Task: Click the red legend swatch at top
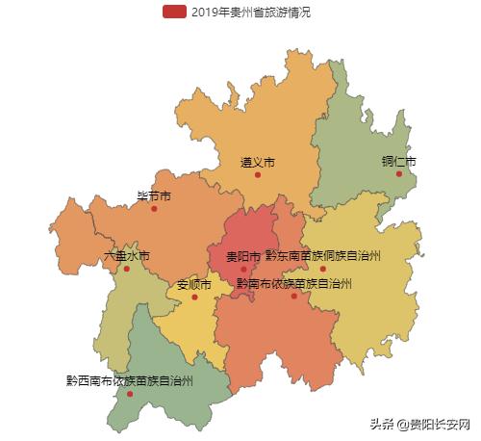tap(174, 12)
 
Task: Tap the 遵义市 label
tap(258, 162)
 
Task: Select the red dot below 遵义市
tap(258, 175)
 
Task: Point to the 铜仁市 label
tap(398, 161)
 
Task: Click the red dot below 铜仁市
tap(399, 173)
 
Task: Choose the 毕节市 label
tap(154, 195)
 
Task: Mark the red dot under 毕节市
tap(154, 208)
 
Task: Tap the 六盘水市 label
tap(127, 256)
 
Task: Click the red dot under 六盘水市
tap(127, 269)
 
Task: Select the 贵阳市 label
tap(243, 257)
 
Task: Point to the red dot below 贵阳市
tap(243, 270)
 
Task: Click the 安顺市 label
tap(194, 284)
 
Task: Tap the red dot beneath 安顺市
tap(194, 297)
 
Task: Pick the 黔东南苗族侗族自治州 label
tap(323, 256)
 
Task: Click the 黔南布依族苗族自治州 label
tap(294, 283)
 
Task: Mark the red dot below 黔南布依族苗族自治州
tap(294, 296)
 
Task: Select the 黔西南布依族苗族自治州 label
tap(130, 380)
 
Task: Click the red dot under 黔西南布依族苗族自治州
tap(130, 393)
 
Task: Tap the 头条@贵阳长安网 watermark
tap(421, 425)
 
